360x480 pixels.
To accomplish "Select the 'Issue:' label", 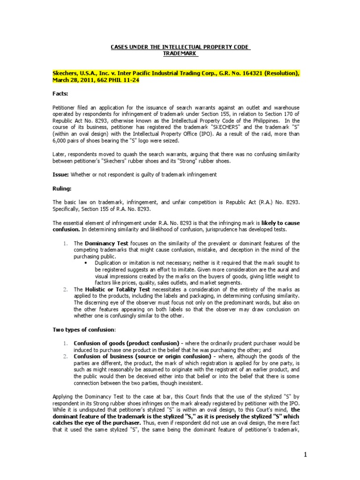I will coord(60,174).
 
